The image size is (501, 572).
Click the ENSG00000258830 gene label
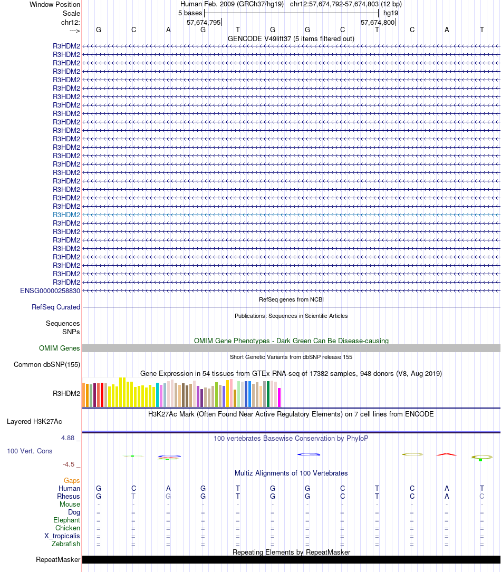coord(50,290)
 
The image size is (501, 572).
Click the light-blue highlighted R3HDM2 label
coord(66,215)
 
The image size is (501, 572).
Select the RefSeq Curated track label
coord(56,307)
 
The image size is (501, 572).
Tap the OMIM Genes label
coord(60,348)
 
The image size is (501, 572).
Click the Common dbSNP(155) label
coord(47,364)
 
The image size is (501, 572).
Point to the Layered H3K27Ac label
coord(34,421)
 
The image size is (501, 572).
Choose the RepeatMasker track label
coord(58,559)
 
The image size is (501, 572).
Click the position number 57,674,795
coord(204,23)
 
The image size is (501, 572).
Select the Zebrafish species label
coord(66,544)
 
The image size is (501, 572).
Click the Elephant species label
coord(66,520)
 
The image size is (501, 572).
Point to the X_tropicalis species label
coord(62,536)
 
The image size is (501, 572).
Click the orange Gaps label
coord(72,480)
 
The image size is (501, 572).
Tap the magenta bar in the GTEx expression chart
coord(280,397)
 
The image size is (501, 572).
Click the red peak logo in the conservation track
coord(446,454)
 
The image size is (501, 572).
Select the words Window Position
coord(55,4)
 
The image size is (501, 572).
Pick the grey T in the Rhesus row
coord(133,496)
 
